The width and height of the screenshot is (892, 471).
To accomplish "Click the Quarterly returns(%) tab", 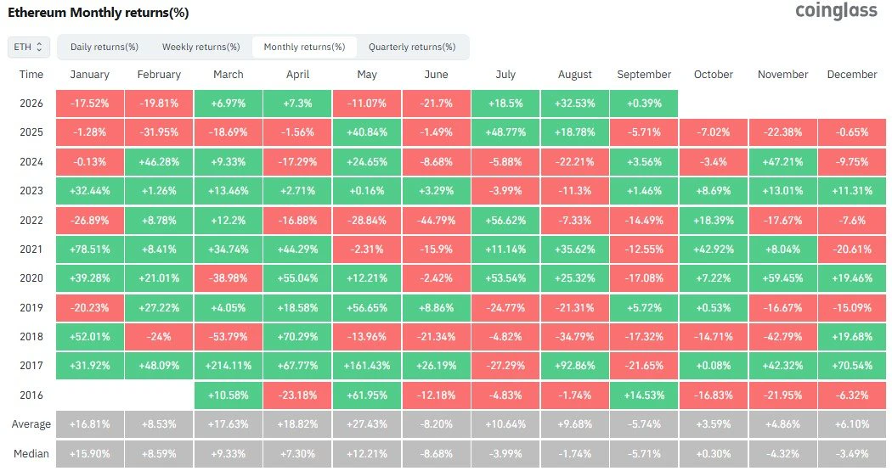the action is click(412, 47).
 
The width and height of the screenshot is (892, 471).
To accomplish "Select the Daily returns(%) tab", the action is click(104, 47).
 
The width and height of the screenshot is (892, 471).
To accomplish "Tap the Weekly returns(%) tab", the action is click(200, 47).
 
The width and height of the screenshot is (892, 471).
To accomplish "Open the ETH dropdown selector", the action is click(28, 47).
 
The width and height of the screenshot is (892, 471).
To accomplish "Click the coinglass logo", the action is click(836, 11).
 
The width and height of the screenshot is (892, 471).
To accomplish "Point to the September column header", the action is click(644, 75).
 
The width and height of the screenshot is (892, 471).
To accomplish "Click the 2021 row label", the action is click(31, 249).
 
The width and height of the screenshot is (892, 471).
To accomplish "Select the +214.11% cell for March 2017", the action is click(229, 365).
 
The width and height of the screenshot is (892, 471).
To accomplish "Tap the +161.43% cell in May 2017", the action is click(367, 365).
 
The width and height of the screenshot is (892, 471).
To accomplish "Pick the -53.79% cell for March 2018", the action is click(229, 336).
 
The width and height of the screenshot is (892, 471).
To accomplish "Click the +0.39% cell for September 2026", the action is click(644, 104).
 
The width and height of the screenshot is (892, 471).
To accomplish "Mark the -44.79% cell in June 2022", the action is click(437, 220).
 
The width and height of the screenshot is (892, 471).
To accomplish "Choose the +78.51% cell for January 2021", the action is click(90, 249).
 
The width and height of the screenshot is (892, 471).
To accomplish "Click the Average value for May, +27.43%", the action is click(367, 423).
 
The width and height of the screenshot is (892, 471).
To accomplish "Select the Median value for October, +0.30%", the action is click(714, 453).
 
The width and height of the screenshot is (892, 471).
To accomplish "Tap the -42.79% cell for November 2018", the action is click(782, 336).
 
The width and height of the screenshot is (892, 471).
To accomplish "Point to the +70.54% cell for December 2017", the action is click(852, 365).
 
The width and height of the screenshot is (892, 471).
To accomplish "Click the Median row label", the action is click(31, 453).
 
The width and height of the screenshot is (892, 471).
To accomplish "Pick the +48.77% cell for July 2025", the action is click(505, 132).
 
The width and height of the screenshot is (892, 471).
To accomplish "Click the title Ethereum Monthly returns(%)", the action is click(98, 13).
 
